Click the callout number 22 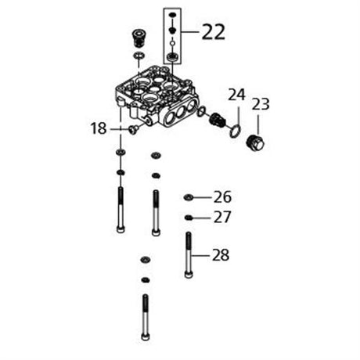214,32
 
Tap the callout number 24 237,95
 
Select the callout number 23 261,104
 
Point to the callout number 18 99,128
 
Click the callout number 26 222,197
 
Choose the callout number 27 222,217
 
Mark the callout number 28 221,255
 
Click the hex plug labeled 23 256,143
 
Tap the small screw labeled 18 133,129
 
